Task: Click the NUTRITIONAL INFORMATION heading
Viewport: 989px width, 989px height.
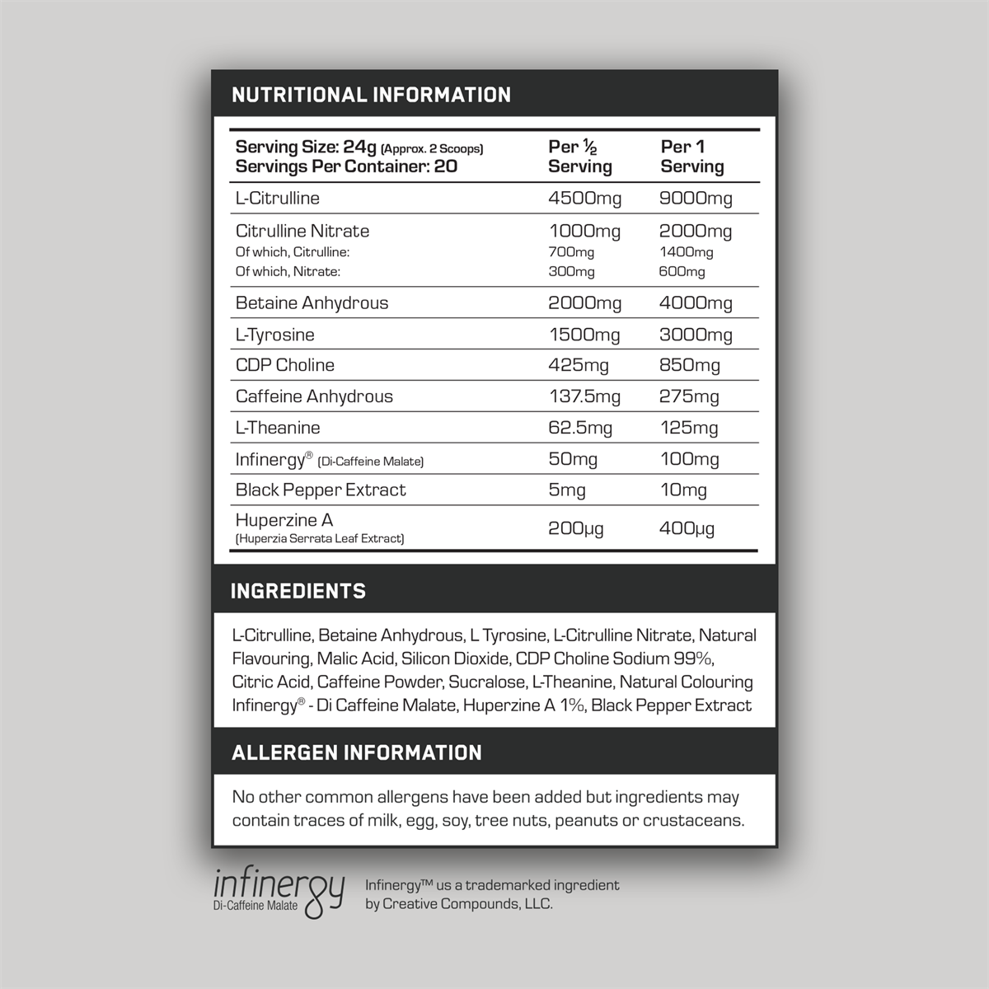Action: pos(371,95)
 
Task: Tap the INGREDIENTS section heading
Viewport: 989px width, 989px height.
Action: pos(298,591)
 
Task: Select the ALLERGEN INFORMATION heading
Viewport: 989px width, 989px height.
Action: pos(357,752)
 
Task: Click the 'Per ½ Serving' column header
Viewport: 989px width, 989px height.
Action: pos(580,157)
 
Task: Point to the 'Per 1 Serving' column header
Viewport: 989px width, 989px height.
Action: pos(692,157)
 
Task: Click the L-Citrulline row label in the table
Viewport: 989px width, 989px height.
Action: pos(277,198)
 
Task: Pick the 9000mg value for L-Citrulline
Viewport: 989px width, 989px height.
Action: pos(696,198)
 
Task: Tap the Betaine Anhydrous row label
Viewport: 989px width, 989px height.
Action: pos(312,302)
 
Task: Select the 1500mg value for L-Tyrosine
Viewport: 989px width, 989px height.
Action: pos(584,335)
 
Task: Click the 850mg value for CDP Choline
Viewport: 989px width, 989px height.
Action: pos(690,365)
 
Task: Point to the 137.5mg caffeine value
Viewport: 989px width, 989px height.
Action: pos(584,396)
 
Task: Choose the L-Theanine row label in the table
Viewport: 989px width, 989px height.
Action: pos(278,428)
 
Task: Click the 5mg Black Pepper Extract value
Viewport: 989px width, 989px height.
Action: pos(567,490)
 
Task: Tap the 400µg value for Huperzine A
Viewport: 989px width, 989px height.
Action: pos(687,528)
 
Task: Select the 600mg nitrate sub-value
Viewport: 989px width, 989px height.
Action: pos(682,271)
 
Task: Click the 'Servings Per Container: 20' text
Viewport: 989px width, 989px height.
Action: pos(346,166)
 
